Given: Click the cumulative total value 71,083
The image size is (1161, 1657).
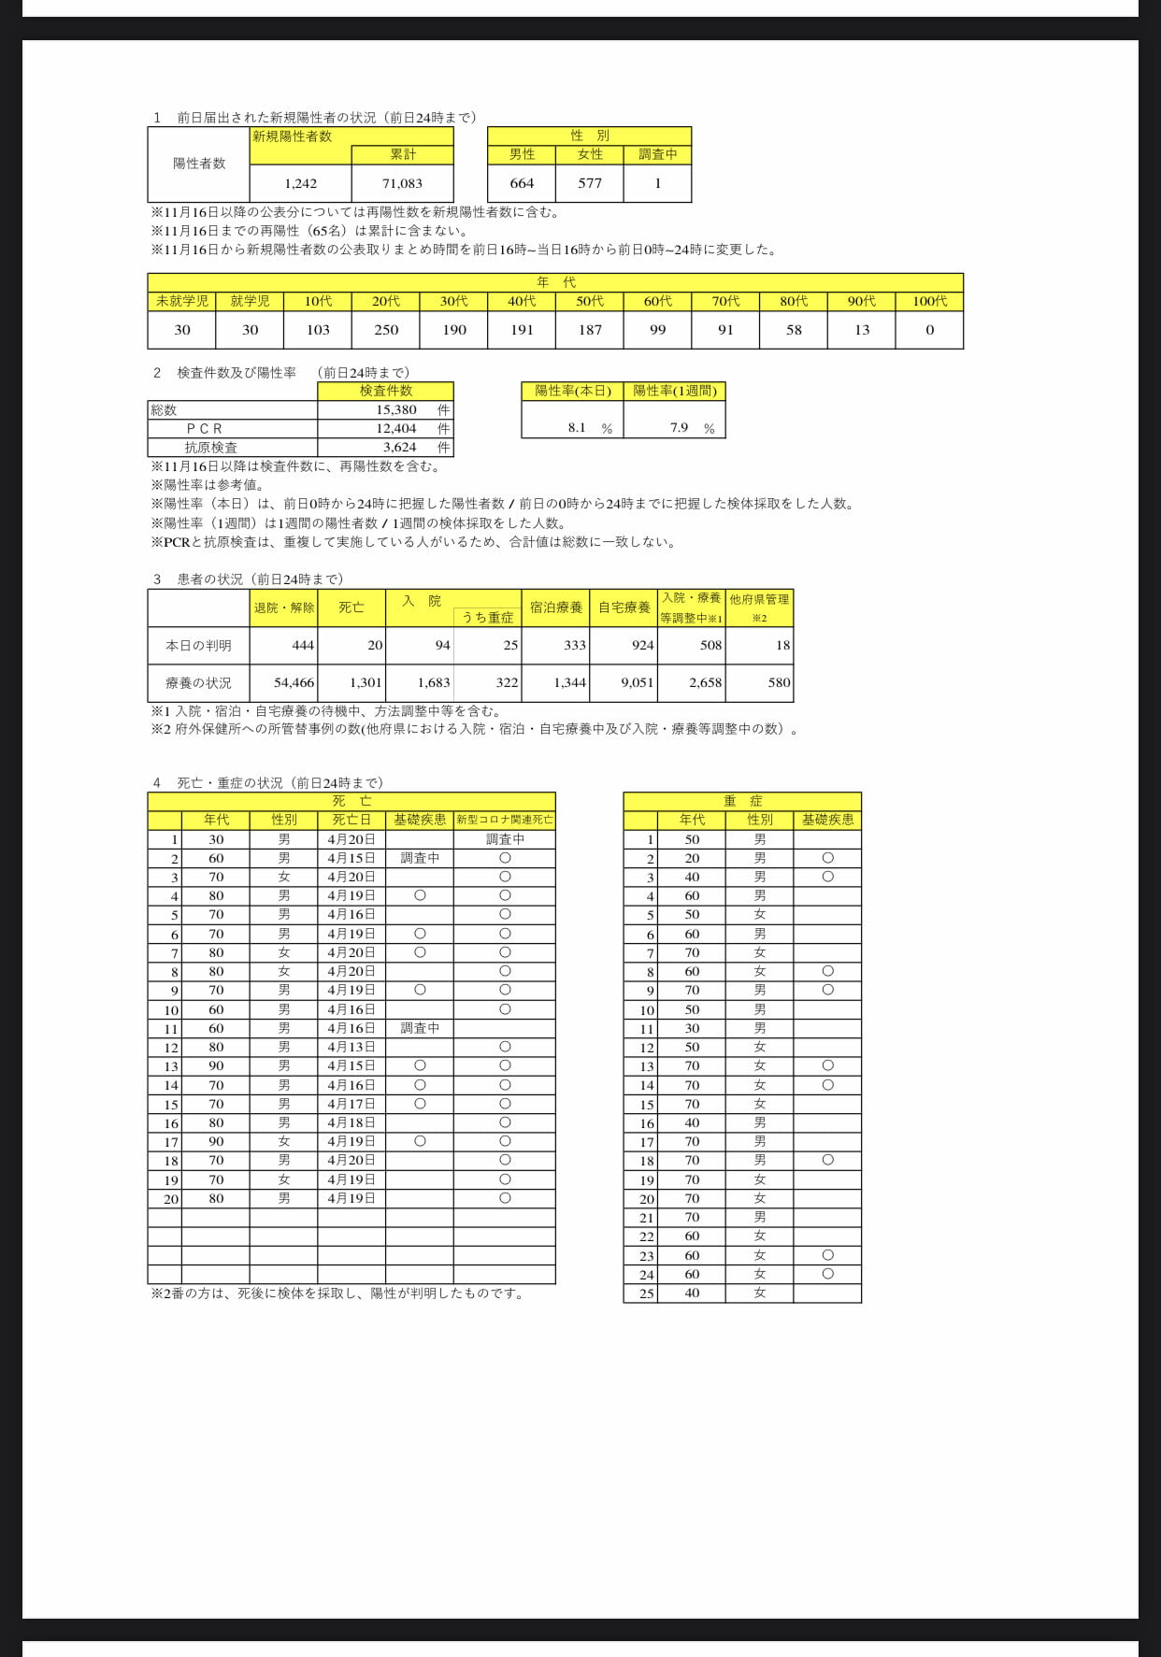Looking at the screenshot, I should pyautogui.click(x=402, y=184).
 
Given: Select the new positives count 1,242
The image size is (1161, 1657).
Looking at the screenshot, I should pyautogui.click(x=301, y=184).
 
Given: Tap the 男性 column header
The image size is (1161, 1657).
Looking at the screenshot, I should pyautogui.click(x=523, y=155).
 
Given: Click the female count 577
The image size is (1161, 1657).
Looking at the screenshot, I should pyautogui.click(x=590, y=183).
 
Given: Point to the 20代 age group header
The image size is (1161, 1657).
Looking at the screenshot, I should pyautogui.click(x=386, y=301).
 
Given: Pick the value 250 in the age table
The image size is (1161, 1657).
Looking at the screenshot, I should pyautogui.click(x=386, y=330).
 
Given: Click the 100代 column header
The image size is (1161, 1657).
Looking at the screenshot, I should pyautogui.click(x=929, y=301).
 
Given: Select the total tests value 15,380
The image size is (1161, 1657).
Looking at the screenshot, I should pyautogui.click(x=396, y=410).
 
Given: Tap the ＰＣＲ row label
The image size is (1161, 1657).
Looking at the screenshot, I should pyautogui.click(x=205, y=429).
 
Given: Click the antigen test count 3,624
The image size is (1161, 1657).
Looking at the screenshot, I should pyautogui.click(x=399, y=448).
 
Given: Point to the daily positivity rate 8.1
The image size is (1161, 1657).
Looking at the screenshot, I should pyautogui.click(x=577, y=428).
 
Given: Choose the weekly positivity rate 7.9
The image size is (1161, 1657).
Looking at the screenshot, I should pyautogui.click(x=679, y=428).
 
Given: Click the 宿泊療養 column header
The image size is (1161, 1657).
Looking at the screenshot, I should pyautogui.click(x=556, y=607).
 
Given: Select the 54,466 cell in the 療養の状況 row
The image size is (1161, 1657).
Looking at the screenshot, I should pyautogui.click(x=294, y=683).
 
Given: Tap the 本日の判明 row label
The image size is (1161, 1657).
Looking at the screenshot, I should pyautogui.click(x=198, y=646).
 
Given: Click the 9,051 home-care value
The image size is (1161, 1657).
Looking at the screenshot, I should pyautogui.click(x=638, y=683).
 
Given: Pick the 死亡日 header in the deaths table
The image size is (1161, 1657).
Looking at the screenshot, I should pyautogui.click(x=351, y=821).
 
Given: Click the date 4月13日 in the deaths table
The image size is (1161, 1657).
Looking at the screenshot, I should pyautogui.click(x=351, y=1048).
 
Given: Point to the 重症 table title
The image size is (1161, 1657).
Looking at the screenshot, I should pyautogui.click(x=742, y=802).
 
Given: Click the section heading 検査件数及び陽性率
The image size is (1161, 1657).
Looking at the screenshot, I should pyautogui.click(x=236, y=373).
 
